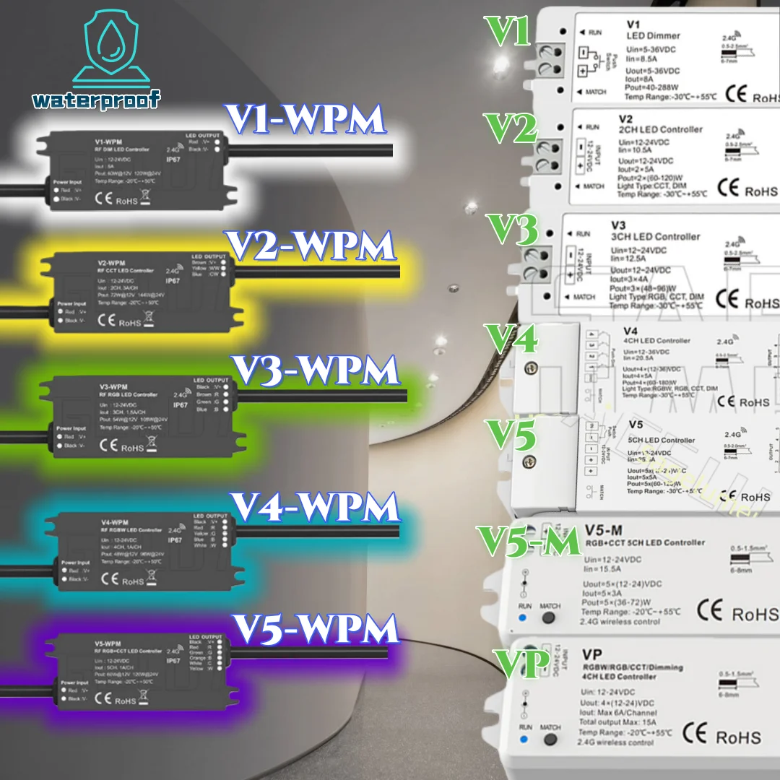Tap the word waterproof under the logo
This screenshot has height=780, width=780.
97,99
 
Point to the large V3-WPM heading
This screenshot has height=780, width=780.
314,371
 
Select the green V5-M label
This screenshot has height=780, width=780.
529,541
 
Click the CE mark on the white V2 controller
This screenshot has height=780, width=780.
729,189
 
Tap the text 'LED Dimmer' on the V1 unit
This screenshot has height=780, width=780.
654,35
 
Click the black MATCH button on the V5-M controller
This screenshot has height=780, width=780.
550,619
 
